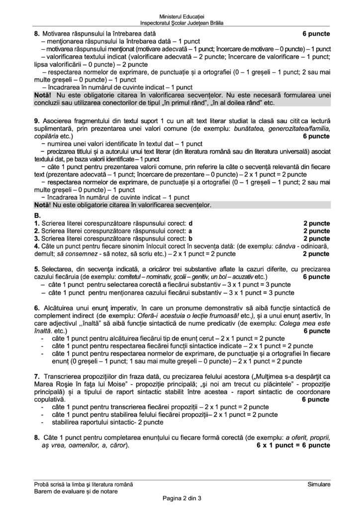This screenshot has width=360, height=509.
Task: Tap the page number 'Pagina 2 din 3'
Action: coord(180,499)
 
